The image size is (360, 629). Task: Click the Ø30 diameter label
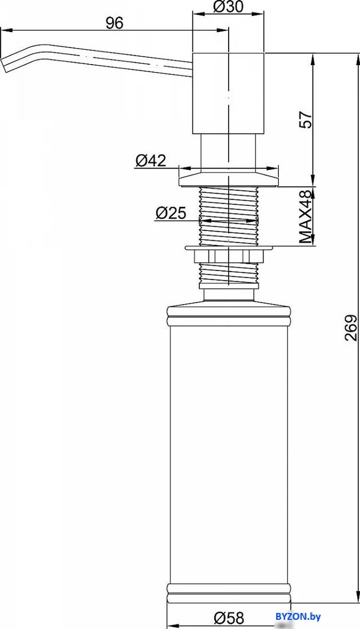pos(228,6)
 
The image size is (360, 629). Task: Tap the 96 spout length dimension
pos(114,23)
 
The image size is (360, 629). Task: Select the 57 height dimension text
pos(306,119)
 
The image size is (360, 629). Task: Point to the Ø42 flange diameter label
pos(150,161)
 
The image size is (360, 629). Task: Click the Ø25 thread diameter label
pos(170,213)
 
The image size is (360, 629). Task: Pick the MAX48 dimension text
pos(306,217)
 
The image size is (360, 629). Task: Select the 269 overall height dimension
pos(351,327)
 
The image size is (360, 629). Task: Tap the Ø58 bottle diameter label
pos(228,618)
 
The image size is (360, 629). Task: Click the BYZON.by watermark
pos(298,616)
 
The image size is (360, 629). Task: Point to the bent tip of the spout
pos(6,63)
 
